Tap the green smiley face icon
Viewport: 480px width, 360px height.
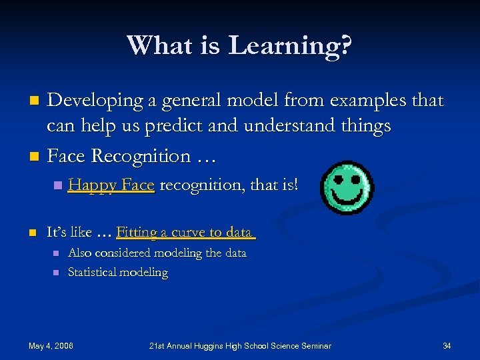coord(347,187)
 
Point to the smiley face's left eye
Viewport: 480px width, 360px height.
coord(337,179)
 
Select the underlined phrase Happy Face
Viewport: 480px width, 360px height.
coord(111,185)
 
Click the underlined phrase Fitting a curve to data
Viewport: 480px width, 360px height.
coord(185,233)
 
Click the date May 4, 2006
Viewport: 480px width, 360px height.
coord(51,345)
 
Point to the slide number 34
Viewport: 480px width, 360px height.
coord(447,345)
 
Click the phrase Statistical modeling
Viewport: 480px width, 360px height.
coord(118,273)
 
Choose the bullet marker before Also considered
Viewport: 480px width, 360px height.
coord(57,253)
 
